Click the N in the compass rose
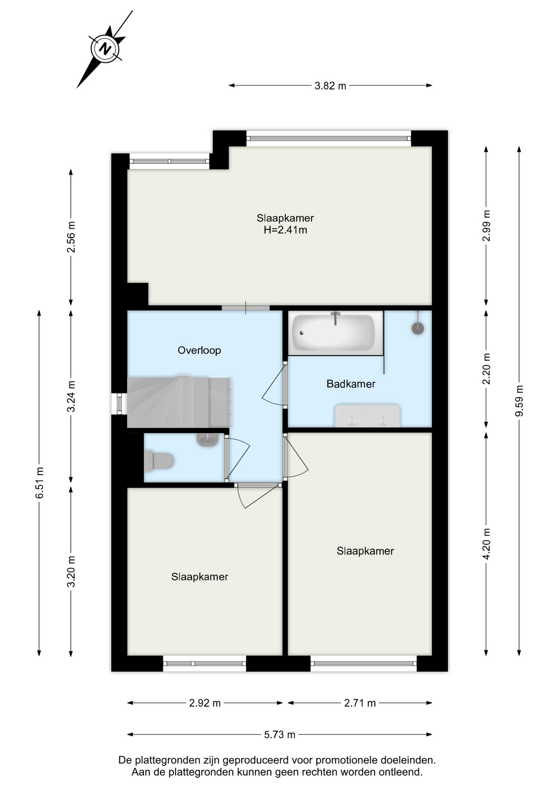pos(106,49)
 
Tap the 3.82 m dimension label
pos(330,86)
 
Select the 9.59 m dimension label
pos(519,401)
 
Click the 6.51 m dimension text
pos(39,483)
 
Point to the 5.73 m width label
pos(279,735)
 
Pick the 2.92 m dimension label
pos(205,703)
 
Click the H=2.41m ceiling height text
pos(285,230)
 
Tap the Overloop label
pos(199,350)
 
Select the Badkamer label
pos(350,384)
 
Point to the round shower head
pos(418,328)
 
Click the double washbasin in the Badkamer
pos(367,416)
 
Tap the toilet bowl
pos(160,460)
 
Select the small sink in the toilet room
pos(208,440)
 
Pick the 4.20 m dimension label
pos(486,544)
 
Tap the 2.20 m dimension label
pos(486,369)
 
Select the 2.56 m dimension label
pos(71,237)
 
